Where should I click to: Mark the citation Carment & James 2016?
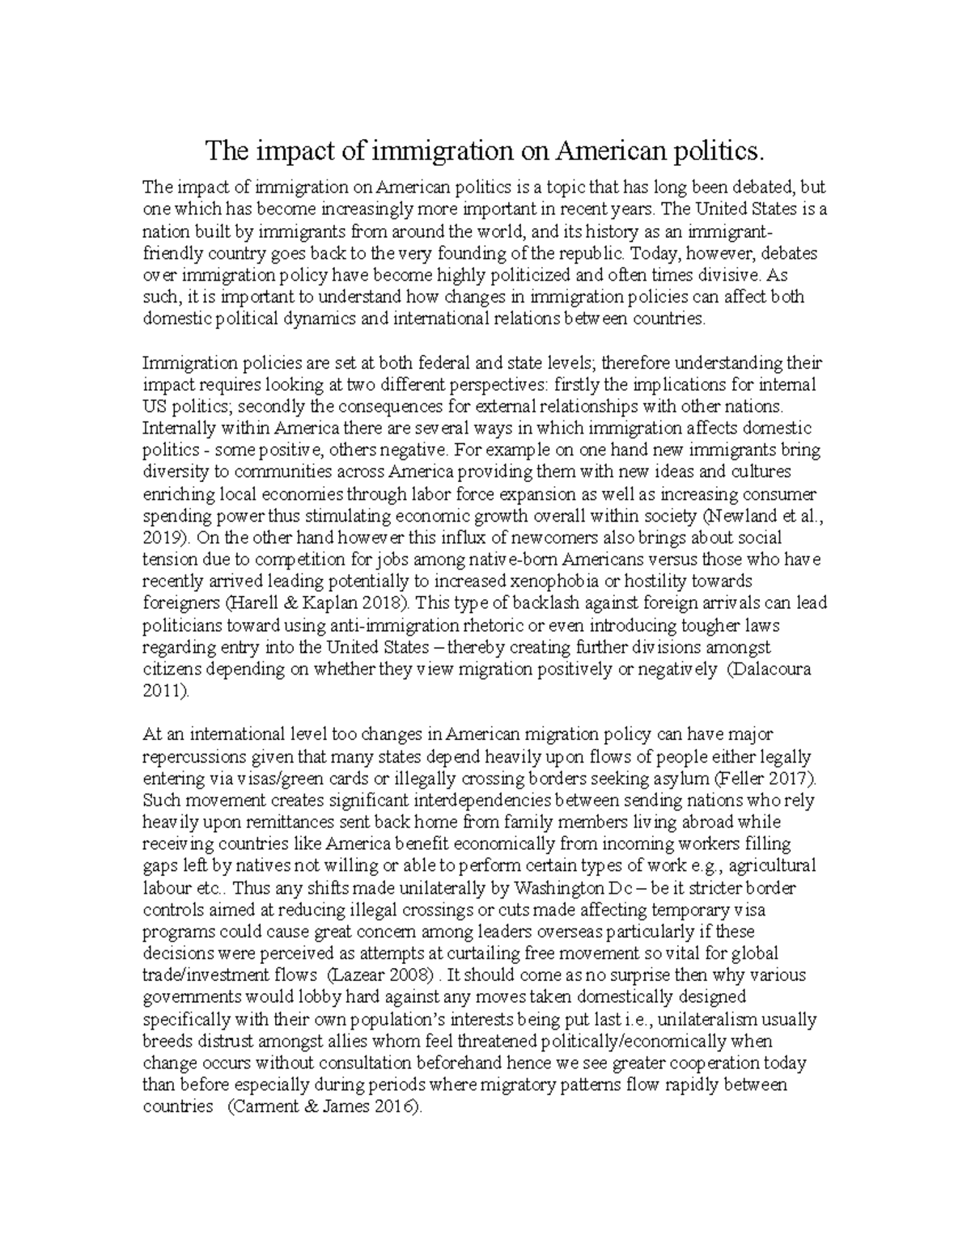pyautogui.click(x=324, y=1107)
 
